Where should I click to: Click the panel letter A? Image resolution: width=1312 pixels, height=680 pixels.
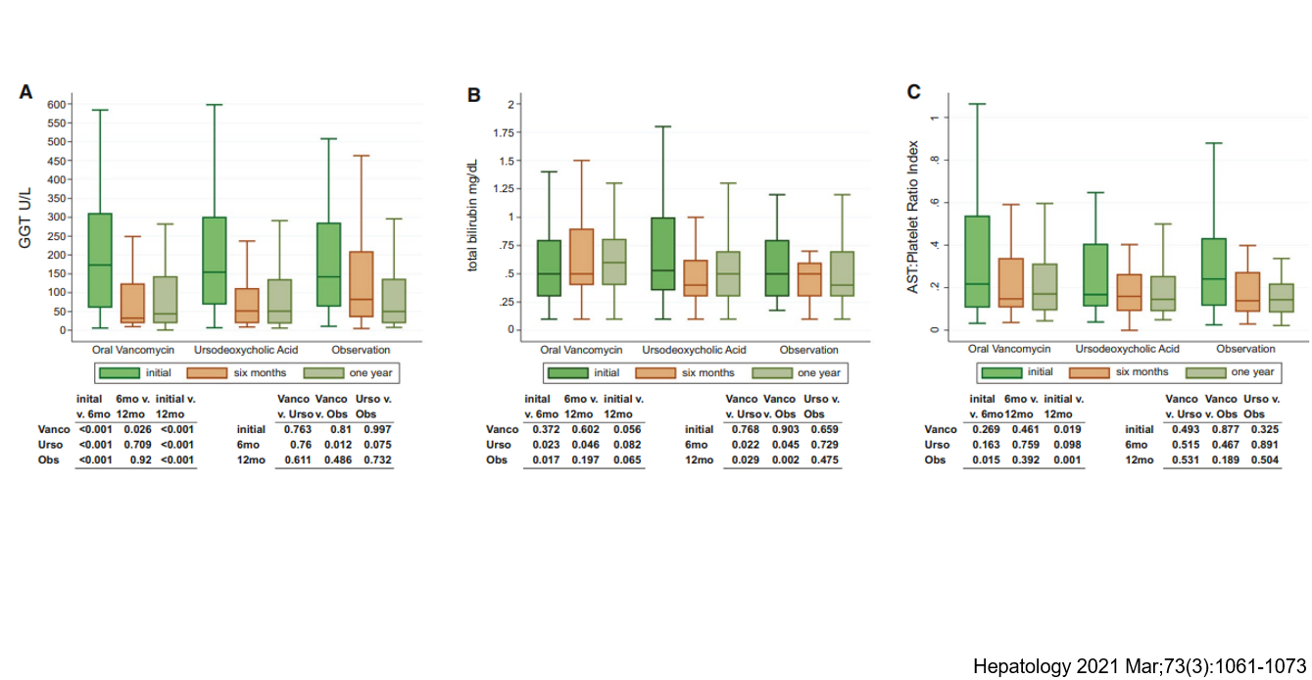[x=26, y=92]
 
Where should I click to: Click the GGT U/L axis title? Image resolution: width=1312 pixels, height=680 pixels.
[x=26, y=217]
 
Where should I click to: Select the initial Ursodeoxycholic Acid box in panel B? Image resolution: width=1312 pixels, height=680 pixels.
[x=663, y=254]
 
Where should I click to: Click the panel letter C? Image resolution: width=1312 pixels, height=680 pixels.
[x=913, y=92]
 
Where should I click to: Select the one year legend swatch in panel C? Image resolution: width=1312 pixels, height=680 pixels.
[x=1206, y=372]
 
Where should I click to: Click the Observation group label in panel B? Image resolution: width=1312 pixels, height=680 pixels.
[x=808, y=350]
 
